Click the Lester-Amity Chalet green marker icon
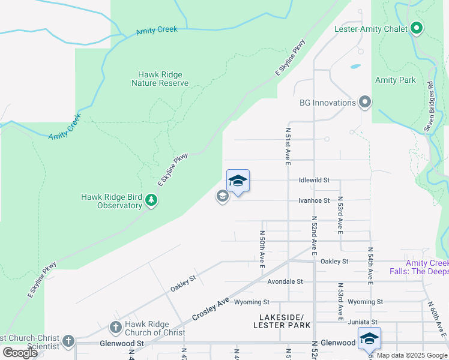click(416, 28)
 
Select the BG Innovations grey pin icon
click(364, 103)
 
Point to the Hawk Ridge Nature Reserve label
click(160, 79)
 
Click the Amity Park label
click(395, 80)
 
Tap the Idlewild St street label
click(314, 180)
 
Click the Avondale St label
click(285, 281)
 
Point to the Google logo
click(20, 352)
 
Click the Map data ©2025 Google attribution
click(412, 355)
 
